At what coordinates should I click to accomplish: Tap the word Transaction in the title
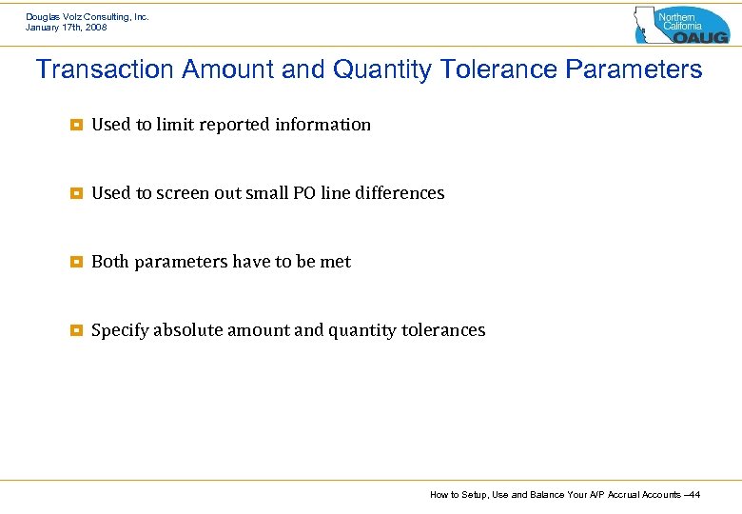pos(104,70)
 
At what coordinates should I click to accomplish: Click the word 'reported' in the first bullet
pos(235,125)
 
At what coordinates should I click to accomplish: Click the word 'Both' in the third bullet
pos(110,262)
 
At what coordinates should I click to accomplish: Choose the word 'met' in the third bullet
pos(336,262)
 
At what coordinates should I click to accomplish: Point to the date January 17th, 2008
pos(67,28)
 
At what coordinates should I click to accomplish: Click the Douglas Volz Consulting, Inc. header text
pos(88,16)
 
